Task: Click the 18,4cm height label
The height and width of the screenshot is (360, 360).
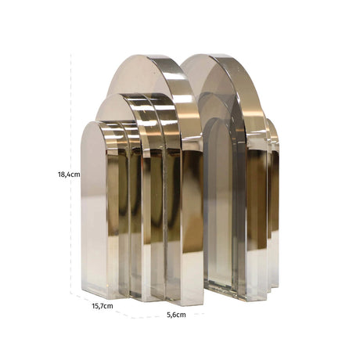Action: [69, 175]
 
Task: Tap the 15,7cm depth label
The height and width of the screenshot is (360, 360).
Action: [103, 306]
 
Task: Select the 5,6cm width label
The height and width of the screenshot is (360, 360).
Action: [176, 315]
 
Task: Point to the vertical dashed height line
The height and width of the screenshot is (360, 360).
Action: [71, 172]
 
